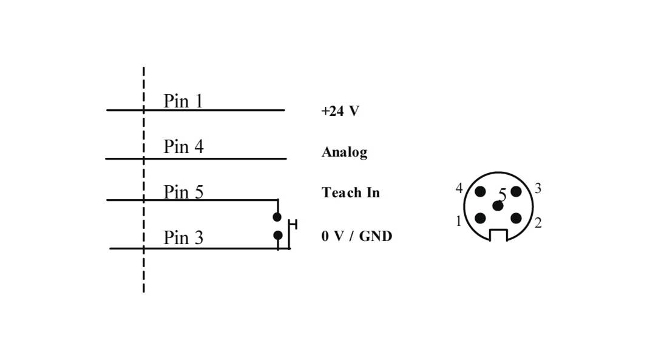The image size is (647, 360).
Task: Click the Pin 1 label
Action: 183,101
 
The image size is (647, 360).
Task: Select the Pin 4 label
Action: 183,147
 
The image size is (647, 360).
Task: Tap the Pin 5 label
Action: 183,192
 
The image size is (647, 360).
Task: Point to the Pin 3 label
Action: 183,238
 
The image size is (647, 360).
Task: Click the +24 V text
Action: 340,111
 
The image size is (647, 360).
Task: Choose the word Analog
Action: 344,152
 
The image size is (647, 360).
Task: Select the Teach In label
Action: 350,192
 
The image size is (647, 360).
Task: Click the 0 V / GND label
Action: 356,236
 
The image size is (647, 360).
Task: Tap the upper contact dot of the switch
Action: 277,217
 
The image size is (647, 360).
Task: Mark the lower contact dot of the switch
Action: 277,235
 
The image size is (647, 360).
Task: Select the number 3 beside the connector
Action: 538,189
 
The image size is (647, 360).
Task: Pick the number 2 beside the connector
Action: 538,223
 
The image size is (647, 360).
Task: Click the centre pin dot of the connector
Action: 498,206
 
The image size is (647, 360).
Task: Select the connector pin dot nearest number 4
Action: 480,192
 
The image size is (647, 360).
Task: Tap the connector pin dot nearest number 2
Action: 516,219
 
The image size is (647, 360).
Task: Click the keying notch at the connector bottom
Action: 498,235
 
